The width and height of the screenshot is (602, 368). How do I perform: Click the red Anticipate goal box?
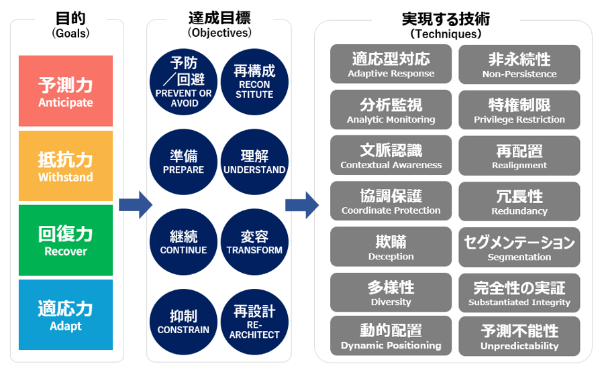(x=66, y=91)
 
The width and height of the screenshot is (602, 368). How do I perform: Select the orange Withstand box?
(x=66, y=166)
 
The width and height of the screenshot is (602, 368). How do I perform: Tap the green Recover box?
(x=66, y=241)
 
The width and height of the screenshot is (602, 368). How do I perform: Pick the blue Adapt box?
(x=66, y=315)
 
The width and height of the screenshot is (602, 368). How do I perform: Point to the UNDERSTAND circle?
(x=254, y=162)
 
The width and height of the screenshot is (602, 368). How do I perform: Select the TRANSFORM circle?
(x=254, y=242)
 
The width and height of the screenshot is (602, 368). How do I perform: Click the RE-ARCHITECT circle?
(x=254, y=321)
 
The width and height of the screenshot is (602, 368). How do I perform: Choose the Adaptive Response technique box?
(x=391, y=64)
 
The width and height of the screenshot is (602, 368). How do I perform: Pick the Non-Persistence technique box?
(x=519, y=64)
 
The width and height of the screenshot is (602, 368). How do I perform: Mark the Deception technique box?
(x=391, y=247)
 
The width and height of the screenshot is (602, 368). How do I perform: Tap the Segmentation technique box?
(x=519, y=247)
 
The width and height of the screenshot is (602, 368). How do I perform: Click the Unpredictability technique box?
(x=519, y=337)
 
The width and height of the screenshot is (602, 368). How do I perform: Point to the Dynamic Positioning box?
(x=391, y=337)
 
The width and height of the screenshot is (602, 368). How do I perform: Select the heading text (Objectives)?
(x=219, y=32)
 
